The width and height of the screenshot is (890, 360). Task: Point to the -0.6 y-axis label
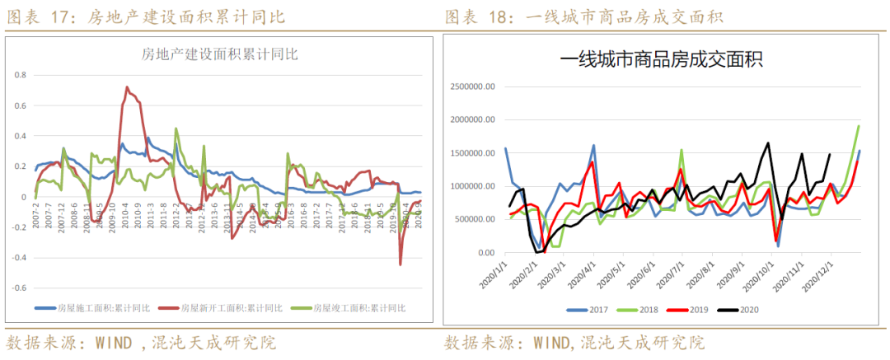[x=20, y=288]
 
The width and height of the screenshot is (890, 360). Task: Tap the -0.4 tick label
[x=20, y=258]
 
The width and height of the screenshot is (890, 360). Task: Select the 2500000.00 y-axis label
[x=471, y=86]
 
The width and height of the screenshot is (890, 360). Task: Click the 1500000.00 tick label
[x=471, y=153]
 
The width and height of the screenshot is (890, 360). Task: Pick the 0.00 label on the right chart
[x=486, y=253]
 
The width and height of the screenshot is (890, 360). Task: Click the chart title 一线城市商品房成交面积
[x=661, y=59]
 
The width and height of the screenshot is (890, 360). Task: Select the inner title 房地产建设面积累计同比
[x=219, y=55]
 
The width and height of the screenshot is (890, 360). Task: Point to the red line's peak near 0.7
[x=126, y=87]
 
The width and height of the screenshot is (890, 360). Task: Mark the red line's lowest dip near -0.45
[x=400, y=264]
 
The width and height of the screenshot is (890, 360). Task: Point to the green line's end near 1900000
[x=860, y=126]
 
